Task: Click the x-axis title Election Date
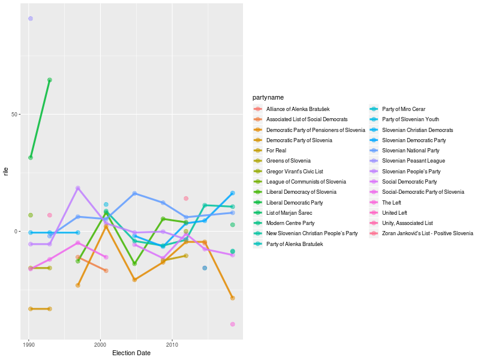coord(131,353)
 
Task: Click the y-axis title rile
coord(6,172)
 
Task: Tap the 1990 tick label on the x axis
coord(29,345)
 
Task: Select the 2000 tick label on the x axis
coord(100,345)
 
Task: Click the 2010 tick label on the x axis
coord(172,345)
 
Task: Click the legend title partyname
coord(268,97)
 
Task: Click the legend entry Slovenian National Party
coord(410,151)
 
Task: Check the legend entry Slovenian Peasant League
coord(413,161)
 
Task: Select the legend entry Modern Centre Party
coord(290,223)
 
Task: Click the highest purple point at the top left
coord(31,19)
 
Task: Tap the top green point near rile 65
coord(50,80)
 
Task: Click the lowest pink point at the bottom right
coord(232,324)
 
